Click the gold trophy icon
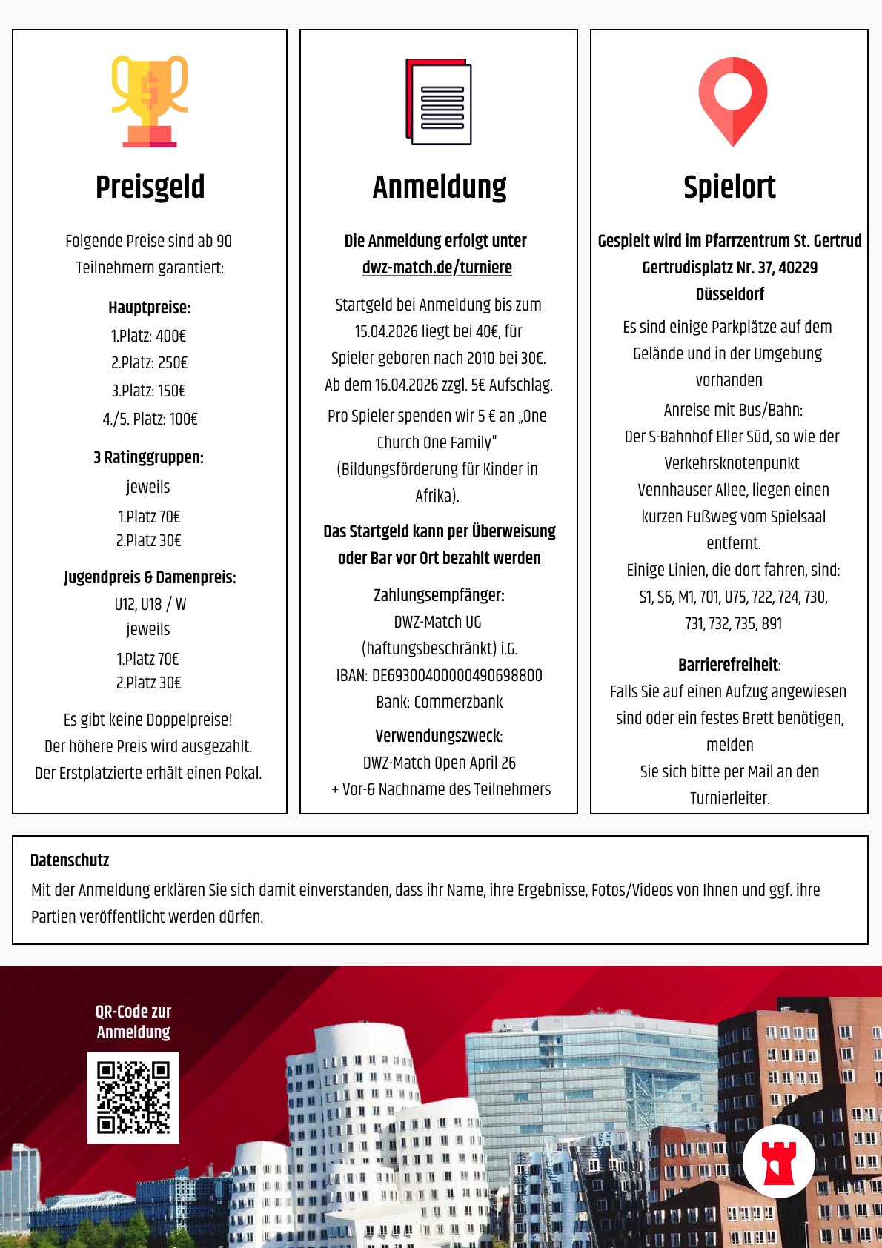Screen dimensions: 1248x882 [150, 102]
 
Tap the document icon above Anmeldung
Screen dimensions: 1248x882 [439, 102]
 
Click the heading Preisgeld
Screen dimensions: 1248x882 [150, 187]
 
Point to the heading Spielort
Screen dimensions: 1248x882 [729, 187]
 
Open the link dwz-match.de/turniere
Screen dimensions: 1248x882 [437, 268]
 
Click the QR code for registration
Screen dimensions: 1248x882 [133, 1097]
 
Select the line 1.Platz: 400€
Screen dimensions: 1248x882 [149, 336]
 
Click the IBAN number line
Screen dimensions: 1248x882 [439, 675]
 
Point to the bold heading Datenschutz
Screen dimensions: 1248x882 [70, 860]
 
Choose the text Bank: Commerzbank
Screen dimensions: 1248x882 [439, 702]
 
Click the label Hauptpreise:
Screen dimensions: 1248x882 [149, 308]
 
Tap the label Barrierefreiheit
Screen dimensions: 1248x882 [729, 665]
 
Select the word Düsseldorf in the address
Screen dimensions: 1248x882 [729, 294]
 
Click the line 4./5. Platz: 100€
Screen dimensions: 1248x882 [150, 419]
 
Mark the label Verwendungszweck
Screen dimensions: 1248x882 [438, 736]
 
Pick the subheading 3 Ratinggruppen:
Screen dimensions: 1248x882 [149, 457]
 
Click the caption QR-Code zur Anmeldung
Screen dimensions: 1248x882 [133, 1021]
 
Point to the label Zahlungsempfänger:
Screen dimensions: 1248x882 [439, 595]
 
